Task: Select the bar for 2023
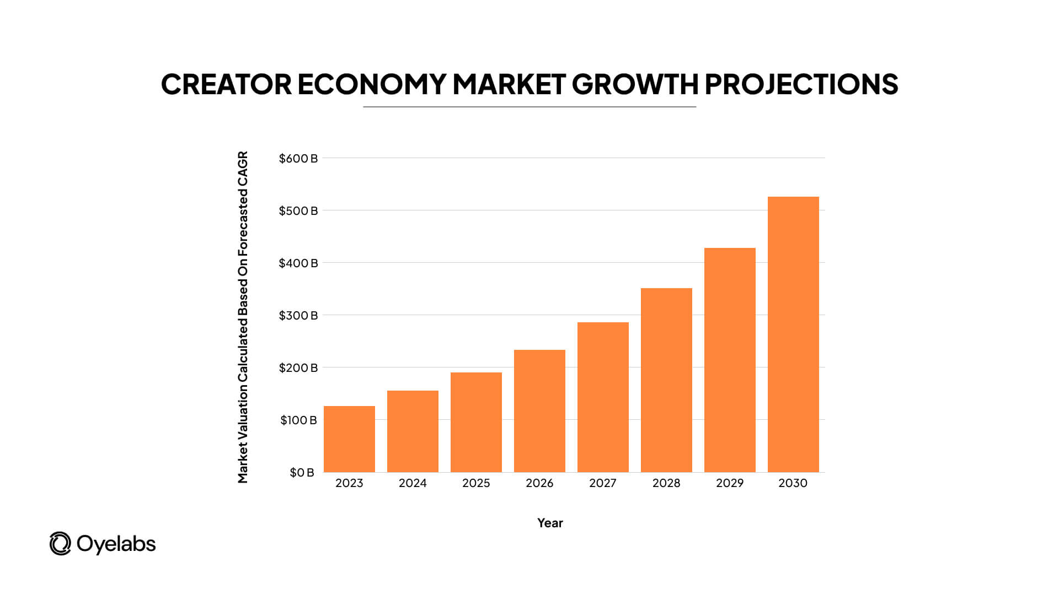pyautogui.click(x=349, y=439)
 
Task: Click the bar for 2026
pyautogui.click(x=539, y=411)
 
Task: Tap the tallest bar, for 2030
pyautogui.click(x=793, y=334)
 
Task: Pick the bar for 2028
pyautogui.click(x=666, y=380)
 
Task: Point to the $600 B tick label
pyautogui.click(x=298, y=159)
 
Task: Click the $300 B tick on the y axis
pyautogui.click(x=298, y=316)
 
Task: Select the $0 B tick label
pyautogui.click(x=302, y=473)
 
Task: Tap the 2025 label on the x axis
pyautogui.click(x=476, y=483)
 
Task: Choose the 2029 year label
pyautogui.click(x=730, y=483)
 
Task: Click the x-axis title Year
pyautogui.click(x=550, y=523)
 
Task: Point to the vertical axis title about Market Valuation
pyautogui.click(x=243, y=317)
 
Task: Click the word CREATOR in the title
pyautogui.click(x=226, y=84)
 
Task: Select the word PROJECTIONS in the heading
pyautogui.click(x=801, y=84)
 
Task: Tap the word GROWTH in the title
pyautogui.click(x=635, y=84)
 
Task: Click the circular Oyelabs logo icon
pyautogui.click(x=60, y=544)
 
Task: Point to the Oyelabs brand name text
pyautogui.click(x=116, y=544)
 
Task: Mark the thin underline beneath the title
pyautogui.click(x=529, y=107)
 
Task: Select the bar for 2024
pyautogui.click(x=413, y=431)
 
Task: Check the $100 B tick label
pyautogui.click(x=298, y=420)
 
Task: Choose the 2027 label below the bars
pyautogui.click(x=603, y=483)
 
